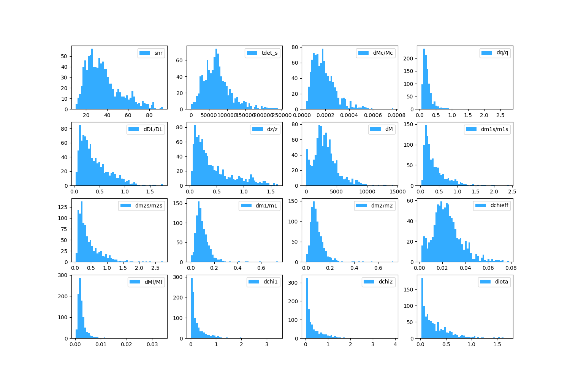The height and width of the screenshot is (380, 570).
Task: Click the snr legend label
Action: tap(158, 53)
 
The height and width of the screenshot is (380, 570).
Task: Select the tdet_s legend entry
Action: tap(269, 53)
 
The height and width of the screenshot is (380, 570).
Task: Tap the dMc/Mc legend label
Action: tap(383, 53)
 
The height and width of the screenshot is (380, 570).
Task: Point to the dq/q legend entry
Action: tap(502, 53)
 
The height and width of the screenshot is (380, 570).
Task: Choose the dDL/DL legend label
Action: tap(153, 129)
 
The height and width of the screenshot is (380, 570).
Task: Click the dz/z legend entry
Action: tap(272, 129)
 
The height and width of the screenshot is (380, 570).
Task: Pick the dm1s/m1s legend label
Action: tap(494, 129)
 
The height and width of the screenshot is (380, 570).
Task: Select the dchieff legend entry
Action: tap(499, 206)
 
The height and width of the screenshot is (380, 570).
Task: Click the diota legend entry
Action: tap(501, 282)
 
